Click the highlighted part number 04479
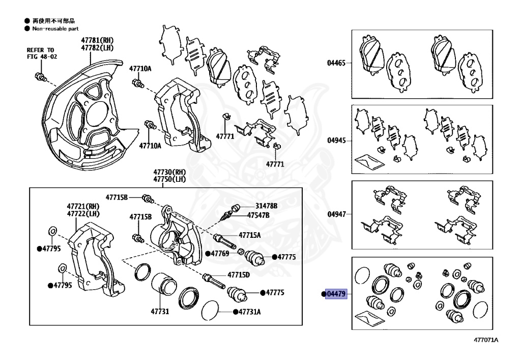336,294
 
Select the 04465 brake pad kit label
336,64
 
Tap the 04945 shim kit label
336,140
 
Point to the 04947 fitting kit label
336,214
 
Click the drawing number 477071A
486,340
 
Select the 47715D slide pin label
239,274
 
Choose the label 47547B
258,215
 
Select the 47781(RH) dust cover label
97,40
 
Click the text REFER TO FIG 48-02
42,53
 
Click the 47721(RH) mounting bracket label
83,206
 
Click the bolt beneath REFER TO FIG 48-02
40,77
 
